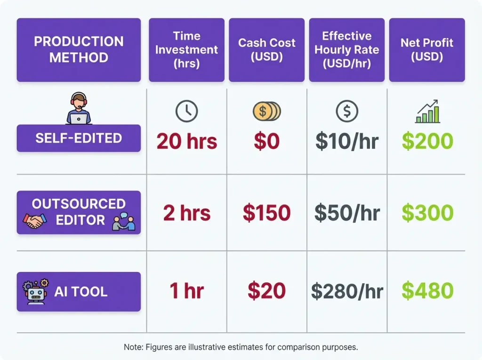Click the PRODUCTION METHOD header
click(79, 49)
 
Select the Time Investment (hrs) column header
click(186, 49)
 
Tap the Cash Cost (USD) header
click(266, 49)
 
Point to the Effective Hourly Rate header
click(347, 49)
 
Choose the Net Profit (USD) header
click(427, 49)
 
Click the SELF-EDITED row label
click(79, 138)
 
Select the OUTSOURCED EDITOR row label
click(79, 212)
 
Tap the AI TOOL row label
click(80, 291)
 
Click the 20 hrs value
click(187, 141)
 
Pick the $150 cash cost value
click(266, 213)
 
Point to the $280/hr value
click(347, 292)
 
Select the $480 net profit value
click(427, 291)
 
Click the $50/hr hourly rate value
click(347, 213)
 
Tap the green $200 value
click(427, 141)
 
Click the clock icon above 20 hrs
click(186, 112)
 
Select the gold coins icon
click(266, 112)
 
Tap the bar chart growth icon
click(427, 112)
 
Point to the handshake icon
click(35, 220)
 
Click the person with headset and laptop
click(79, 109)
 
